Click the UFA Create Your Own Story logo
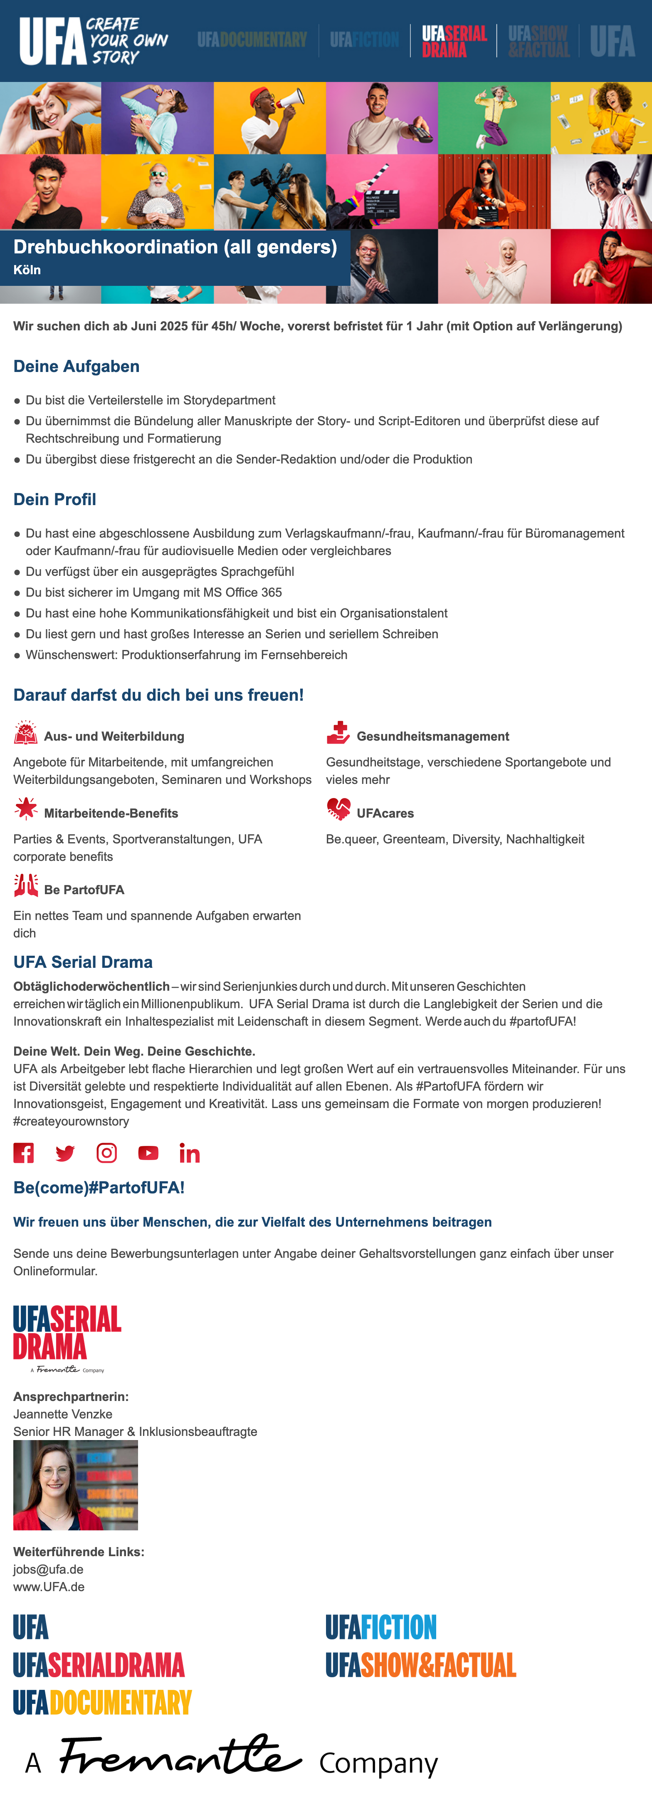click(93, 41)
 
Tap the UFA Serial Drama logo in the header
click(454, 41)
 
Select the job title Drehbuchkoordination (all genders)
click(175, 247)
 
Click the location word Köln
click(27, 270)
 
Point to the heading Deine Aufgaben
click(77, 367)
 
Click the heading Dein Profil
click(55, 500)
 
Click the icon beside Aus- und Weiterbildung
click(26, 733)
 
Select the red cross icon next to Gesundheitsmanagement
click(338, 733)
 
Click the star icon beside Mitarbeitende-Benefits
click(26, 808)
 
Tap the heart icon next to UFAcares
click(338, 808)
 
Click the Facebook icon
click(24, 1153)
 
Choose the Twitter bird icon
click(65, 1154)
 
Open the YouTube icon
click(148, 1153)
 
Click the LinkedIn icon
click(190, 1154)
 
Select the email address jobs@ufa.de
click(48, 1569)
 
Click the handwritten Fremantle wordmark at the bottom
click(181, 1756)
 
